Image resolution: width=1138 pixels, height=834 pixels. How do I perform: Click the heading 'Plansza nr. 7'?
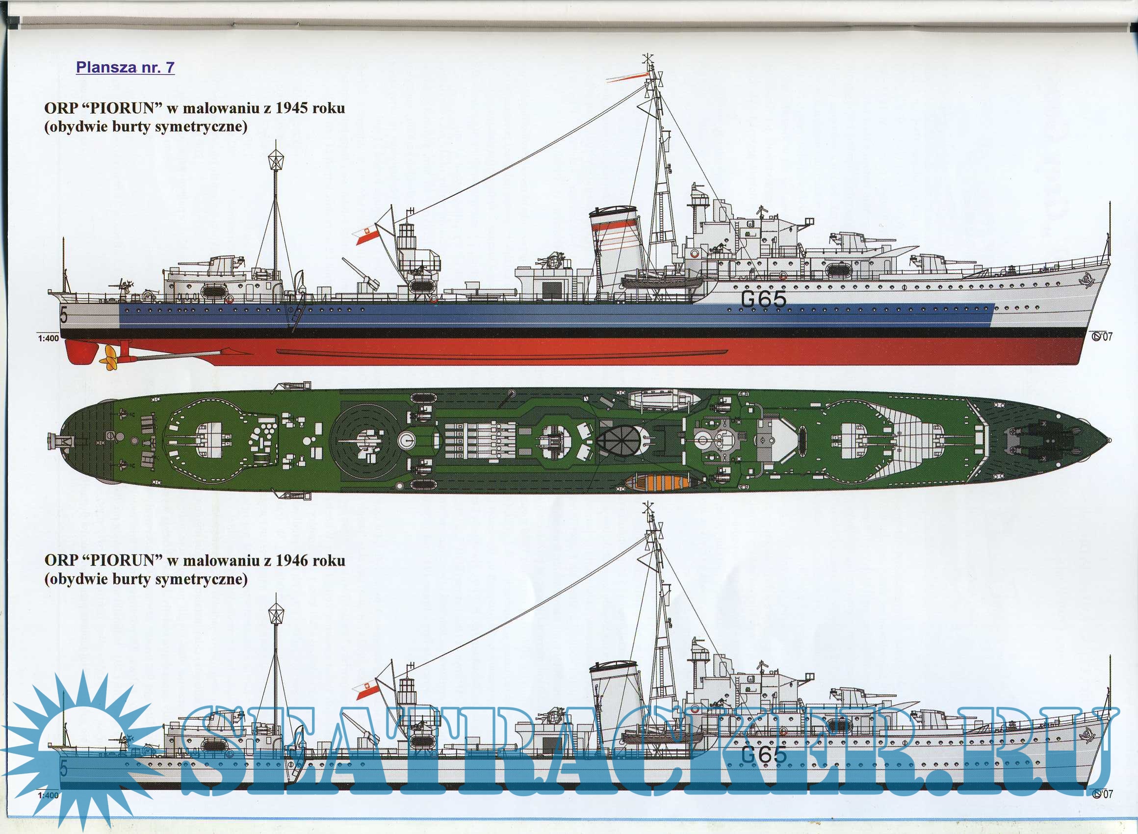(125, 67)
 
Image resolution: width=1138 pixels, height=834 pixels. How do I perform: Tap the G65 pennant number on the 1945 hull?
(763, 300)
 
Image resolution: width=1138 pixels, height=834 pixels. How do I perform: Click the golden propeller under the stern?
(108, 358)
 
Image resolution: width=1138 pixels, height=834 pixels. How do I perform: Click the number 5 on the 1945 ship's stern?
(64, 316)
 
